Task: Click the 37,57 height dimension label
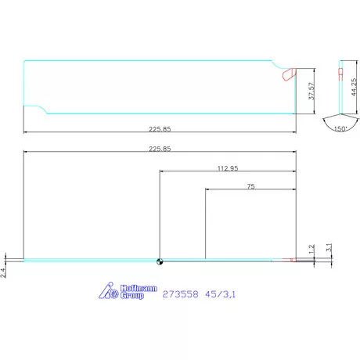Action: [312, 92]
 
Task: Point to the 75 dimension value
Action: [250, 186]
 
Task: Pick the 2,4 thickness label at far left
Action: [4, 272]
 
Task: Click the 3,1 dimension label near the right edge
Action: [329, 247]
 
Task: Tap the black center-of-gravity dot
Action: [159, 261]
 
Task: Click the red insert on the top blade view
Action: [288, 75]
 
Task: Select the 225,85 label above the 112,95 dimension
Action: [160, 149]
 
